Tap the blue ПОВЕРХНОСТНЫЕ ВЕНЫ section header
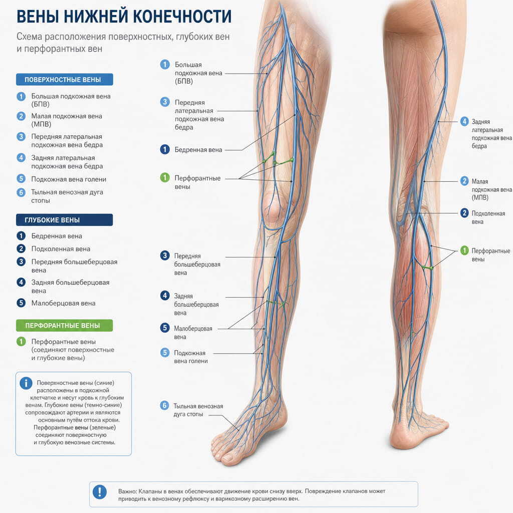(65, 80)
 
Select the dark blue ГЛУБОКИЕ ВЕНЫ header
(65, 220)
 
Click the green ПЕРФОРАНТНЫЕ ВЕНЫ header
(65, 326)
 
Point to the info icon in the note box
(26, 383)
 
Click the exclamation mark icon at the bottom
(100, 492)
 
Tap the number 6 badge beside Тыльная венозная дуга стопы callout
(164, 406)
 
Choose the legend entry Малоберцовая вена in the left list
(64, 303)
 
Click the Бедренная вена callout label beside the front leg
(198, 150)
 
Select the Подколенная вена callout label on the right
(488, 217)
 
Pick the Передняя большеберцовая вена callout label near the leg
(197, 265)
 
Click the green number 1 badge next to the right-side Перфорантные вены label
(464, 250)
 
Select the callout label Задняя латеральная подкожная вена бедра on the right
(491, 134)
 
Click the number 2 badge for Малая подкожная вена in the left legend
(21, 116)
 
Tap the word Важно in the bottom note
(127, 491)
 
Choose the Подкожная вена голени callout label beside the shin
(191, 357)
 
